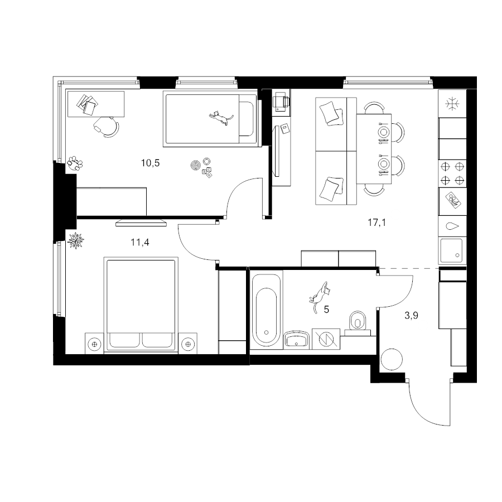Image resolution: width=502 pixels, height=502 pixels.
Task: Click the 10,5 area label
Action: click(x=150, y=163)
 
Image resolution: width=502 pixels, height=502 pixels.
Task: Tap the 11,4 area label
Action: click(x=140, y=243)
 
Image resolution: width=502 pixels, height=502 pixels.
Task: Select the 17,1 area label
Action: click(x=377, y=222)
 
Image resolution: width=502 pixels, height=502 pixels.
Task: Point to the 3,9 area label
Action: click(x=412, y=316)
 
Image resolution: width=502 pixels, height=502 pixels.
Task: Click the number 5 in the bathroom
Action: click(x=326, y=310)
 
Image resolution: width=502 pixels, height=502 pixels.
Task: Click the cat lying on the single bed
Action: click(x=221, y=118)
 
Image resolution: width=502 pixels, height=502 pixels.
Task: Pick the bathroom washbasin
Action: click(x=297, y=340)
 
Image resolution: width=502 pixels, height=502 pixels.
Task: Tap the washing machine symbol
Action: click(x=326, y=339)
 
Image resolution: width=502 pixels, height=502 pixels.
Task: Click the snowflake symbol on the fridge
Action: click(x=452, y=104)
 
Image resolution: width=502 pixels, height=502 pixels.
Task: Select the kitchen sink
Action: click(x=452, y=250)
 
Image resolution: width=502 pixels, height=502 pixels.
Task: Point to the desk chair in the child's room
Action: click(x=107, y=127)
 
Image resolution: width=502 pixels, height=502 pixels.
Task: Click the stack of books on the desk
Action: click(x=87, y=104)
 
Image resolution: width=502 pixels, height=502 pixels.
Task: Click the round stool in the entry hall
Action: click(x=391, y=360)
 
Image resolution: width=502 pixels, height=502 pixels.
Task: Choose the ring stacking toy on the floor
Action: click(x=195, y=166)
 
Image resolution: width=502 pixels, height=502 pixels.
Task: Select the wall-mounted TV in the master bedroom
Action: click(x=141, y=223)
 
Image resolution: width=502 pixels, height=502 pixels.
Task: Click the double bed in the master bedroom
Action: click(x=141, y=305)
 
